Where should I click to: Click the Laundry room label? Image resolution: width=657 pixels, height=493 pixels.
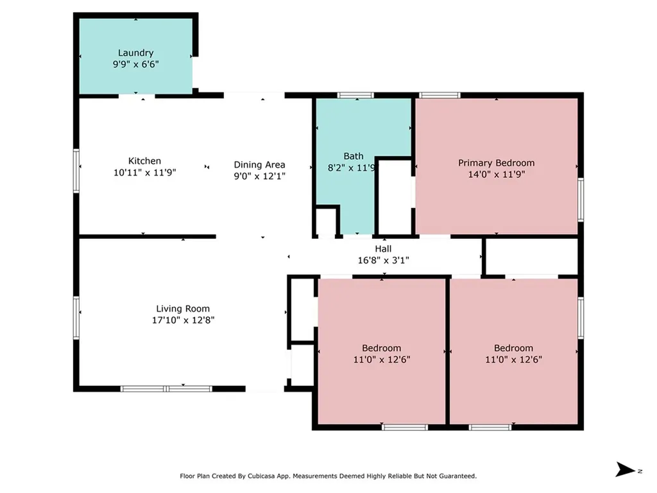pyautogui.click(x=135, y=53)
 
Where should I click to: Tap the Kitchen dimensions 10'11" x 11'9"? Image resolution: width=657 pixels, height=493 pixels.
pyautogui.click(x=144, y=172)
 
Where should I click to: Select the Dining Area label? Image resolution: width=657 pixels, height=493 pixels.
pyautogui.click(x=259, y=165)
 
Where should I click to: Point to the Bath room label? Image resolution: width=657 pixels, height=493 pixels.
pyautogui.click(x=354, y=156)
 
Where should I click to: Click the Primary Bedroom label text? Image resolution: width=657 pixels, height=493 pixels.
pyautogui.click(x=496, y=163)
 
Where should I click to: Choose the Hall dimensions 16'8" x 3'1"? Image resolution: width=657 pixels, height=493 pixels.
pyautogui.click(x=383, y=261)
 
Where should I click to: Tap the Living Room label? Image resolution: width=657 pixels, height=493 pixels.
pyautogui.click(x=183, y=309)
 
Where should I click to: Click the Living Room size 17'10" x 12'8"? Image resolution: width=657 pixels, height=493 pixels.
pyautogui.click(x=183, y=320)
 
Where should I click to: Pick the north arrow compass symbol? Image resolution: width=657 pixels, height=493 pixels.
pyautogui.click(x=626, y=469)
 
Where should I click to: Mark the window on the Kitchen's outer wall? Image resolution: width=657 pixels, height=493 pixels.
pyautogui.click(x=76, y=171)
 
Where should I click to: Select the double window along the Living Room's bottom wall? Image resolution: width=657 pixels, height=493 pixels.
pyautogui.click(x=166, y=389)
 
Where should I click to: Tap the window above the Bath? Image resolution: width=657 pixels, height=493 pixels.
pyautogui.click(x=355, y=95)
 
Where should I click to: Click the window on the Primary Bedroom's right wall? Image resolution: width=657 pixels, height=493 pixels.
pyautogui.click(x=581, y=200)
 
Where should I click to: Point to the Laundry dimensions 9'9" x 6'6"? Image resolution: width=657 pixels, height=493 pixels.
pyautogui.click(x=136, y=64)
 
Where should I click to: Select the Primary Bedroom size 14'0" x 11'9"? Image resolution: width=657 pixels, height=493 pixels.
pyautogui.click(x=497, y=175)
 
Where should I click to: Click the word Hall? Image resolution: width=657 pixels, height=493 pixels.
pyautogui.click(x=383, y=248)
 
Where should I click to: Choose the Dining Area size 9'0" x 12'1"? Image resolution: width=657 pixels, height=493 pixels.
pyautogui.click(x=259, y=176)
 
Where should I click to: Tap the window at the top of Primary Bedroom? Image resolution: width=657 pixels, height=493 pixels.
pyautogui.click(x=439, y=95)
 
